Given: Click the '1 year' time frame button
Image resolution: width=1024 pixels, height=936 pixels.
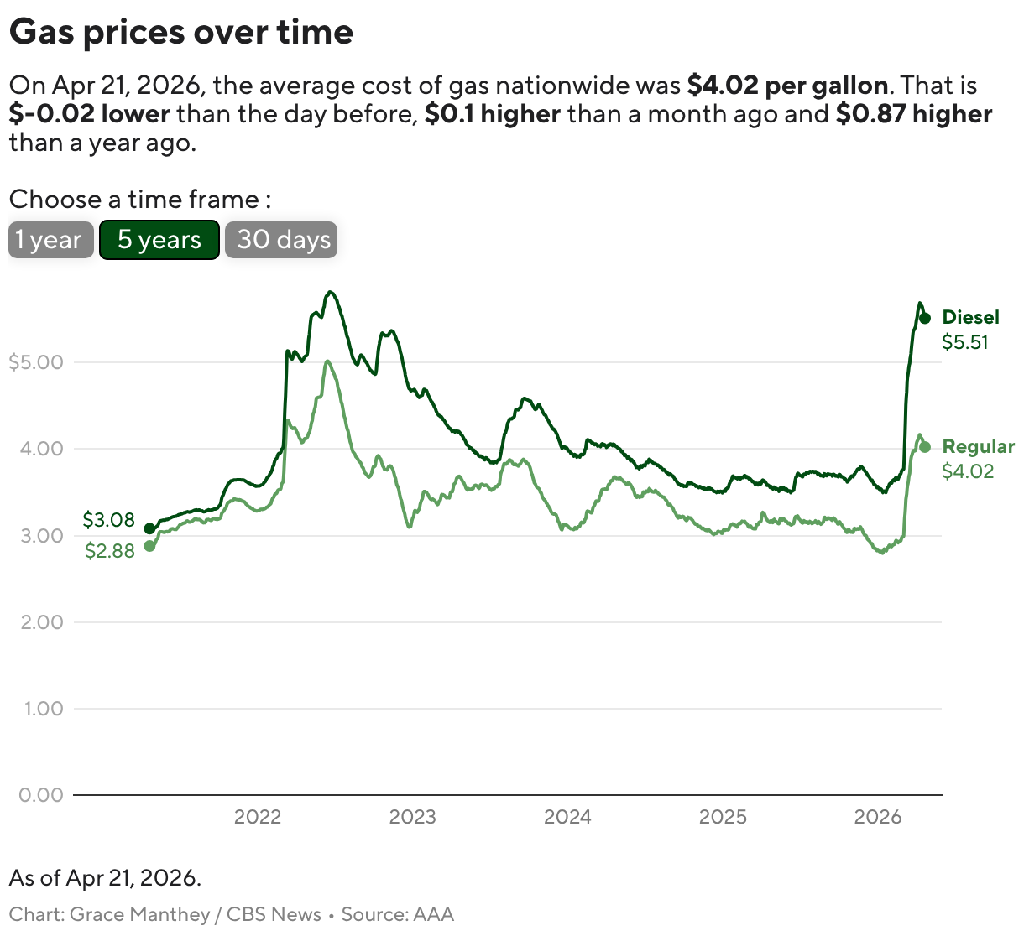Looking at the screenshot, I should [x=50, y=240].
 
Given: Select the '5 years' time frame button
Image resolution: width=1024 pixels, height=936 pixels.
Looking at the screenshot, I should [x=159, y=240].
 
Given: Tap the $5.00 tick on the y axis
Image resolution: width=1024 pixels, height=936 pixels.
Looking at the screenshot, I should [x=36, y=362].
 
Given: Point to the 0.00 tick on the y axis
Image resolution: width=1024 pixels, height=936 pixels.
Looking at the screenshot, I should [x=41, y=794].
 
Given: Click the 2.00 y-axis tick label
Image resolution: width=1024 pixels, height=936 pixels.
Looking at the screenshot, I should [x=41, y=621].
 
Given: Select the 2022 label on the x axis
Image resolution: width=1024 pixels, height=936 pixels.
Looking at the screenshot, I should [x=258, y=817].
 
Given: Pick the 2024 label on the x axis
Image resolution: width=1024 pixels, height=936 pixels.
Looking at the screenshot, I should [x=567, y=817].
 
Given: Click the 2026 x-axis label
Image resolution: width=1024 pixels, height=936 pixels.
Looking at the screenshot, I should [x=877, y=817].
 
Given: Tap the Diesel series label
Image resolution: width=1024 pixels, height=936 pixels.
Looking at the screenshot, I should [x=970, y=317].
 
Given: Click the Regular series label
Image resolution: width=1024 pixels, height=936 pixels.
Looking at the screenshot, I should [x=978, y=446].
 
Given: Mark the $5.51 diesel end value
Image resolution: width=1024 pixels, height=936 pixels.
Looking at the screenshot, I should [x=964, y=342].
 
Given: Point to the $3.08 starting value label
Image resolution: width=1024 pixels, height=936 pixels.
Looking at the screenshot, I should [x=109, y=520].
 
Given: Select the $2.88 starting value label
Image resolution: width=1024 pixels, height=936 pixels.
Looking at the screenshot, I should [x=110, y=551].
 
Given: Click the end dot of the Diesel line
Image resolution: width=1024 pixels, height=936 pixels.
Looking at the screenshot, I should [x=924, y=318].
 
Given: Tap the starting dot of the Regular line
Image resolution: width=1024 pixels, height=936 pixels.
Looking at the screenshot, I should [x=149, y=546].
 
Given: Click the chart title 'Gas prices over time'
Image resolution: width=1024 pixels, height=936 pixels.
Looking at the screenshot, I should [x=181, y=32].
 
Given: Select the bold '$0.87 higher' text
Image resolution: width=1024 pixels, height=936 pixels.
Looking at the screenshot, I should [x=914, y=114].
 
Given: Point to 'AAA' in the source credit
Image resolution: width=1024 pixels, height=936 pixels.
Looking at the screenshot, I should [x=434, y=914].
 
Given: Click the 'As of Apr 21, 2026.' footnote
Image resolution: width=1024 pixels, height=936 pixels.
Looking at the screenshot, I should [x=105, y=878].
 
